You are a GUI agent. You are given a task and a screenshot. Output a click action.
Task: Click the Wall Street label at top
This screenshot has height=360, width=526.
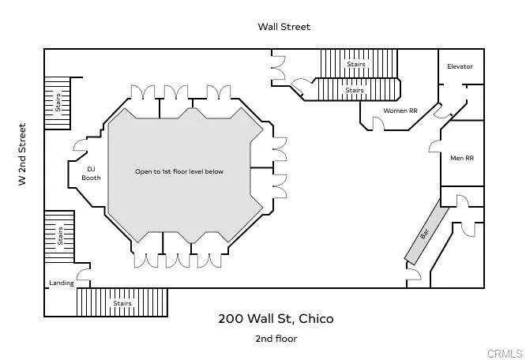click(284, 27)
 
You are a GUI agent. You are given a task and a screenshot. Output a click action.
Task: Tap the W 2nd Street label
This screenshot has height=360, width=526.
click(22, 155)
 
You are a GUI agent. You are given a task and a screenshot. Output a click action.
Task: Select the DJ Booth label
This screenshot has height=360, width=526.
click(91, 173)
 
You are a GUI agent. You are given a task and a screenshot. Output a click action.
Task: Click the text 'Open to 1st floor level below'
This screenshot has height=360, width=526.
click(179, 171)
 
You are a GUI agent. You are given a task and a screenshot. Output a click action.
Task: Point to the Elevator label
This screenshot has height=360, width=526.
click(460, 66)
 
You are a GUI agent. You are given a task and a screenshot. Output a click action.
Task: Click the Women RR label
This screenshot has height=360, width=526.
click(400, 111)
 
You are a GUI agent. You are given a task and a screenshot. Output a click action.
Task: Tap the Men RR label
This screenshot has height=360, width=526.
click(462, 158)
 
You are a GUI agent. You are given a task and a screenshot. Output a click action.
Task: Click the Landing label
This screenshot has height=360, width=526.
click(61, 283)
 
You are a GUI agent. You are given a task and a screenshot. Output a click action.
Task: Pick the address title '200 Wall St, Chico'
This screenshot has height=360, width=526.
click(276, 319)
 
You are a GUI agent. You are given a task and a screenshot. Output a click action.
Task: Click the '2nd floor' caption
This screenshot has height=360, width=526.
click(276, 339)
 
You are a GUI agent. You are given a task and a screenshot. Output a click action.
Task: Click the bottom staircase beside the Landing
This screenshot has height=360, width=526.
click(122, 302)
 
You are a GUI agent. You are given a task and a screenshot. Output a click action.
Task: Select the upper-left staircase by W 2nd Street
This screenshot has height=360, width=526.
click(57, 103)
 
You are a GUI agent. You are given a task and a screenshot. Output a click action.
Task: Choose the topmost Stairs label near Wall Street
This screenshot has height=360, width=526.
click(356, 64)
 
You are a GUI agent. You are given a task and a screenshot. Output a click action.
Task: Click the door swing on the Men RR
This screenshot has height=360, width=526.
click(434, 146)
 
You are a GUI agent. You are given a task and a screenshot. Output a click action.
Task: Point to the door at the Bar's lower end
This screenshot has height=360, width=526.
click(414, 274)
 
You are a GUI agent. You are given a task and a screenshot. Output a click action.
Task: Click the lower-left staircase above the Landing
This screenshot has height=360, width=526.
click(59, 234)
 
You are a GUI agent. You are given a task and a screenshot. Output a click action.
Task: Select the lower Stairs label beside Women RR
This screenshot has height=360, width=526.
click(355, 90)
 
